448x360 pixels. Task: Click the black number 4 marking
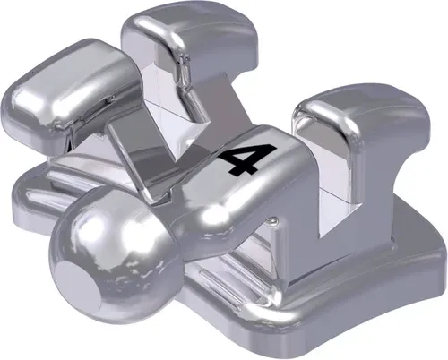(241, 161)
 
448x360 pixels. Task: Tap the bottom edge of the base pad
(224, 345)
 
